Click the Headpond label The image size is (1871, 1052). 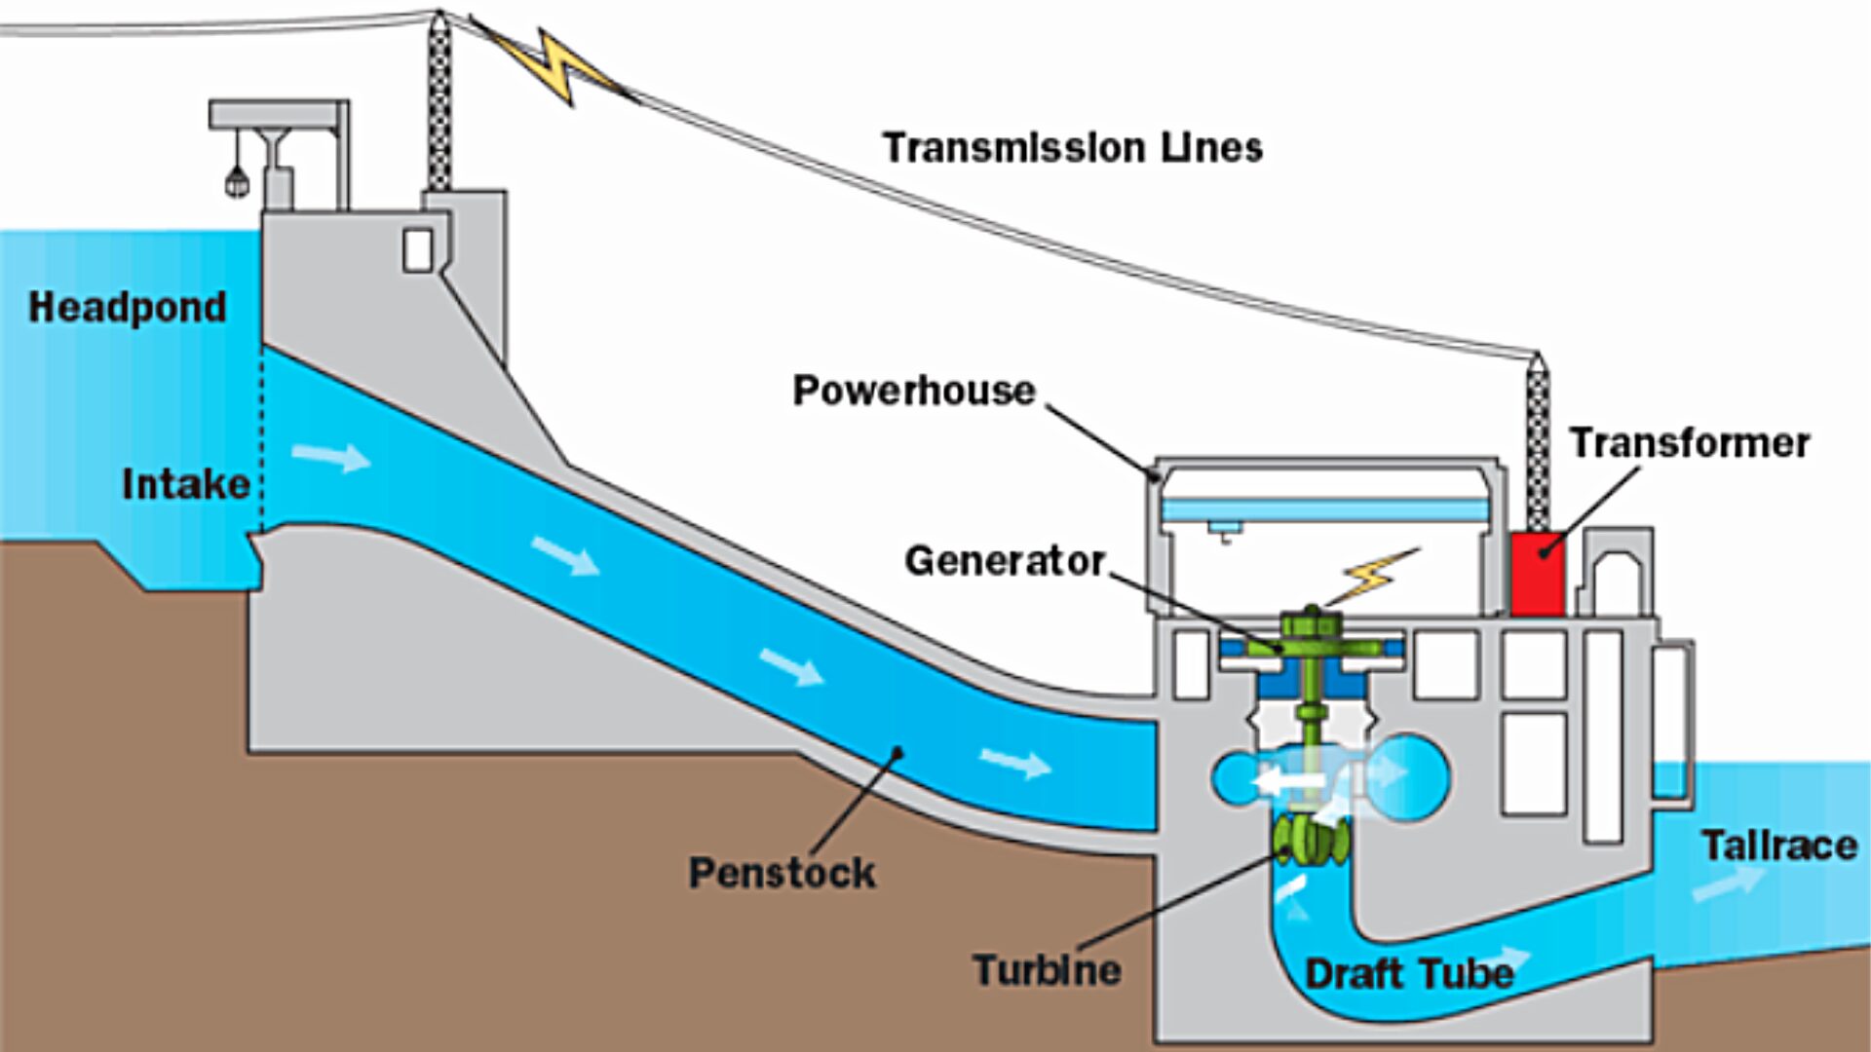pyautogui.click(x=128, y=308)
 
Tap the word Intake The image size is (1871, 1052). pyautogui.click(x=185, y=484)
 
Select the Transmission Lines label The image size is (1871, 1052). pyautogui.click(x=1072, y=148)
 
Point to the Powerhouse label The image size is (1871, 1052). pyautogui.click(x=913, y=391)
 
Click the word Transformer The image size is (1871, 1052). pyautogui.click(x=1689, y=443)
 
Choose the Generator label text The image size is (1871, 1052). pyautogui.click(x=1004, y=561)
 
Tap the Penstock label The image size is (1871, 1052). pyautogui.click(x=782, y=873)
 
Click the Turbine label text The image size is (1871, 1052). pyautogui.click(x=1047, y=970)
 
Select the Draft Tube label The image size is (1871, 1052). pyautogui.click(x=1408, y=974)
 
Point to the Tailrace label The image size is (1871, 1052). pyautogui.click(x=1778, y=845)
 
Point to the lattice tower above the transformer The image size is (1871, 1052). pyautogui.click(x=1538, y=443)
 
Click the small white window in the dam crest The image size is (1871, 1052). pyautogui.click(x=418, y=250)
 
